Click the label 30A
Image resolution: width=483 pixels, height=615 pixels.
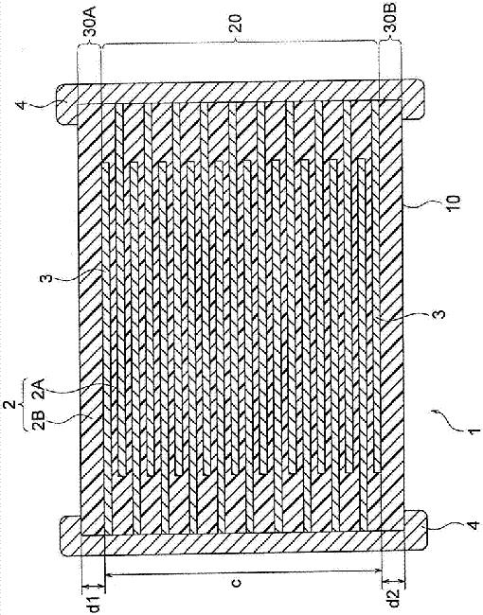tap(91, 26)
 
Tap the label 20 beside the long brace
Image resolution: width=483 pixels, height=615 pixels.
tap(237, 24)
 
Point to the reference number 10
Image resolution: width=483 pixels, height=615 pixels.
tap(453, 203)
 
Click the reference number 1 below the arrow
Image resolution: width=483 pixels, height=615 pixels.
tap(474, 430)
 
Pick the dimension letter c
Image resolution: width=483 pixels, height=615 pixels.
tap(236, 583)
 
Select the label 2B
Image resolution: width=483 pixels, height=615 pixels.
tap(42, 420)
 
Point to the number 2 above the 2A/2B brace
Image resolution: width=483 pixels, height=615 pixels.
tap(13, 404)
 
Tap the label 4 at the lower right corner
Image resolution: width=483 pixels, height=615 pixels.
tap(473, 525)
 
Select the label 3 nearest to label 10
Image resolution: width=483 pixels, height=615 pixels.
tap(440, 314)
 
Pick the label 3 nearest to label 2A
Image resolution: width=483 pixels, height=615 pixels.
tap(47, 279)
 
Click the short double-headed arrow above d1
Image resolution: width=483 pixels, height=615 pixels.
tap(93, 586)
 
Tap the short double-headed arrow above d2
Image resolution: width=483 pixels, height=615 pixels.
tap(393, 580)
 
